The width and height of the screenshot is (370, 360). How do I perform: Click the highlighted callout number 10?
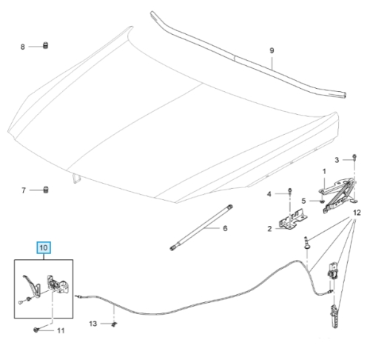[x=44, y=247]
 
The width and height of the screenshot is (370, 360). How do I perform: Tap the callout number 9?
[x=272, y=50]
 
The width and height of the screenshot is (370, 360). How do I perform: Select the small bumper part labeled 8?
[x=46, y=46]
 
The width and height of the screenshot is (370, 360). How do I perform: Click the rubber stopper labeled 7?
[x=46, y=190]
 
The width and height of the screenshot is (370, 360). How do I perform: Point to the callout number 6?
[x=225, y=228]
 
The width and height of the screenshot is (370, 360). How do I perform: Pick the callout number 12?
[x=357, y=213]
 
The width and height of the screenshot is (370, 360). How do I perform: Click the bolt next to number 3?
[x=354, y=157]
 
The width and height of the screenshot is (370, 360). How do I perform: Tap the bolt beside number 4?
[x=290, y=191]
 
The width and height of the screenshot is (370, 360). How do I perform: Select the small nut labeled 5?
[x=322, y=201]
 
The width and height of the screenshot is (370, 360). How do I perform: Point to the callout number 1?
[x=324, y=171]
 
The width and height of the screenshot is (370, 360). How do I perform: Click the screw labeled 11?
[x=36, y=330]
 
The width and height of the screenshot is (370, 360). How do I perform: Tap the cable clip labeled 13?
[x=114, y=324]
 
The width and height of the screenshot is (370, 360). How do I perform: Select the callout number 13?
[x=93, y=324]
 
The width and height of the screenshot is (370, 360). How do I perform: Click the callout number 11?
[x=61, y=330]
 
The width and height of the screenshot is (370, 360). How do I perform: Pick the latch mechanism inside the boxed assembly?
[x=56, y=285]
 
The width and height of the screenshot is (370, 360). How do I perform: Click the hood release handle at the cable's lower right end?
[x=334, y=316]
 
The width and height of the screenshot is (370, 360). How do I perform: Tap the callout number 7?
[x=24, y=190]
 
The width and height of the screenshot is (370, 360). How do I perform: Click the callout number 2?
[x=269, y=229]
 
